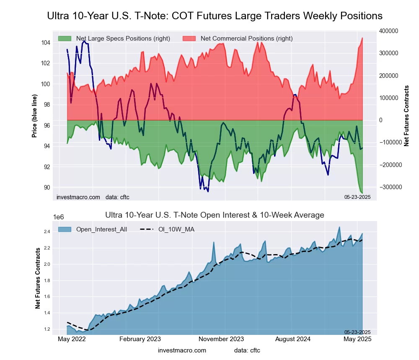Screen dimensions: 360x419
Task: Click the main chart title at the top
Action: [215, 16]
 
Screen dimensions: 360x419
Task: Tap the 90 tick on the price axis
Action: [47, 187]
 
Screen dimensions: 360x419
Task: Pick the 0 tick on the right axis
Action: [381, 120]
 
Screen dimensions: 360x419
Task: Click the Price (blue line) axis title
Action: [35, 115]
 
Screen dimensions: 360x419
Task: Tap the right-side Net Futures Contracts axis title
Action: [406, 115]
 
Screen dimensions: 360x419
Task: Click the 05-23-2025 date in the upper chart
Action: [357, 197]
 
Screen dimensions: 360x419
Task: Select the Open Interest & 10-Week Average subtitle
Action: [214, 215]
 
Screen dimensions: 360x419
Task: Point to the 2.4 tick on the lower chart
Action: [47, 231]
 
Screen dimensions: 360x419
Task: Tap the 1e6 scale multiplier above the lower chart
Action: [59, 217]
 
